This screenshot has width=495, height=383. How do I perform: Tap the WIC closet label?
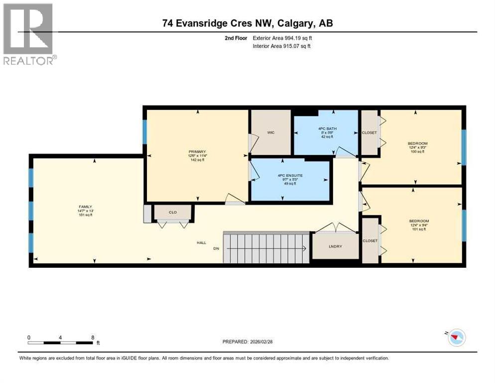click(270, 133)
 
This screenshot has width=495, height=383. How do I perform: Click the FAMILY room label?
click(86, 206)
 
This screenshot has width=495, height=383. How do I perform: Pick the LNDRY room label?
click(335, 247)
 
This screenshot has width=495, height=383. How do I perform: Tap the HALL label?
click(201, 243)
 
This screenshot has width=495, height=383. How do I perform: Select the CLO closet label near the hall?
click(173, 212)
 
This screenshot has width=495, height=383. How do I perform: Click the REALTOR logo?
click(28, 34)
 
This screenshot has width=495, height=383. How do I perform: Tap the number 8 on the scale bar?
click(93, 337)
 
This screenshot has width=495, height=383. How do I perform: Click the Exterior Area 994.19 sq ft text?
click(282, 38)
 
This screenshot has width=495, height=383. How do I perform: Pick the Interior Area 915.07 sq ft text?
click(282, 46)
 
